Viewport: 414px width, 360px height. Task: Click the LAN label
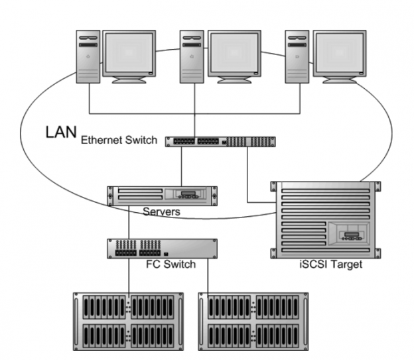(60, 131)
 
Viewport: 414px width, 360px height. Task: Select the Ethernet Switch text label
(119, 141)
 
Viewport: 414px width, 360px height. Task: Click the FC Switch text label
(171, 265)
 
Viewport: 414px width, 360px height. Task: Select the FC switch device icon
(163, 248)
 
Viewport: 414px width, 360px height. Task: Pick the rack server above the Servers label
(163, 195)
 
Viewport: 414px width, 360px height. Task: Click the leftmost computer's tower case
(88, 56)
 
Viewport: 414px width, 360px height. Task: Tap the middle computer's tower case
(192, 56)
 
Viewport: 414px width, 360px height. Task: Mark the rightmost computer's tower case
(297, 56)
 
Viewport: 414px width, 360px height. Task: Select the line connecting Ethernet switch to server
(181, 166)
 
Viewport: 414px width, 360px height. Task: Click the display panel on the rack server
(188, 195)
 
